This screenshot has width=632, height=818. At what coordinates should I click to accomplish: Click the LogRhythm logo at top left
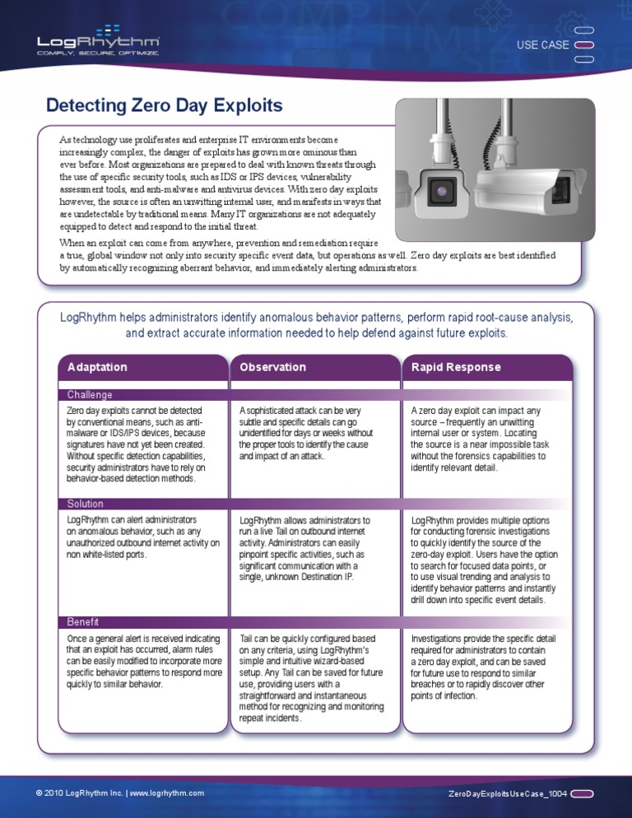[99, 40]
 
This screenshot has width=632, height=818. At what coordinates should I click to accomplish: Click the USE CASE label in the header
[541, 44]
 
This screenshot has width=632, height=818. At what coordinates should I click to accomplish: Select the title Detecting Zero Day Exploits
[164, 105]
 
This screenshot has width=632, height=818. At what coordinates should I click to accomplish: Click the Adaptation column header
[97, 367]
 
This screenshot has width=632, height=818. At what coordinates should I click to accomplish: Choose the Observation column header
[272, 367]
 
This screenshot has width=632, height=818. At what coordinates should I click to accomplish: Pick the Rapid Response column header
[455, 367]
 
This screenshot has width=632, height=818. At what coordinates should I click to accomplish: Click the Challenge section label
[90, 394]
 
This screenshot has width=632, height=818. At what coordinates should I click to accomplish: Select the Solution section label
[86, 504]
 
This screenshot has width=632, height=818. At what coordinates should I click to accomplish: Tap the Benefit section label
[83, 622]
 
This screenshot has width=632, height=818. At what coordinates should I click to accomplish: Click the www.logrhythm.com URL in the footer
[167, 793]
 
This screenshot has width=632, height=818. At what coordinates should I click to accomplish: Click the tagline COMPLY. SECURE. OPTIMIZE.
[98, 53]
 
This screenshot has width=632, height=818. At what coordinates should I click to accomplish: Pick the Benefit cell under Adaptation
[143, 661]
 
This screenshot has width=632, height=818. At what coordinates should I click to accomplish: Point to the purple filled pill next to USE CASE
[583, 44]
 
